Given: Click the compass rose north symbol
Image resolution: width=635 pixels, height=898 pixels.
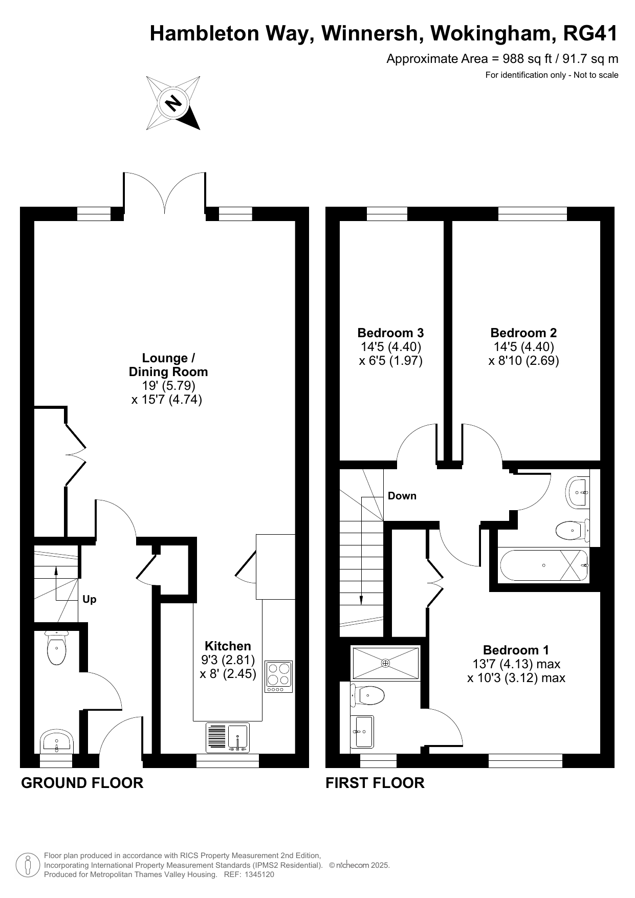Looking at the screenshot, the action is coord(173,103).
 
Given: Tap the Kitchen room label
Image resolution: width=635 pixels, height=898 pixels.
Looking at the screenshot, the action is coord(228,646).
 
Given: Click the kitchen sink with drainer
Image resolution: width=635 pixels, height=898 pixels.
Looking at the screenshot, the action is coord(228,737).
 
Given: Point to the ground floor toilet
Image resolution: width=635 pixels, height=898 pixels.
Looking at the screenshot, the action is coord(56,648).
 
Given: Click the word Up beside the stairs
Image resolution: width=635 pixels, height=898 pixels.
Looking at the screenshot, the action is coord(90,599).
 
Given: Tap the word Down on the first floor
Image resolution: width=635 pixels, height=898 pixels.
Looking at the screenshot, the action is coord(402,496).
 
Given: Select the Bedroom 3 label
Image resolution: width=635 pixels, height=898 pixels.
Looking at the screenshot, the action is coord(390,333).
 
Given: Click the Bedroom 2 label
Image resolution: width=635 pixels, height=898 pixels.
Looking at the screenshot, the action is coord(523,333).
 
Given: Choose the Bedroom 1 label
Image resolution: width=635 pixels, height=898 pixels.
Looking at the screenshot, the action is coord(516,650).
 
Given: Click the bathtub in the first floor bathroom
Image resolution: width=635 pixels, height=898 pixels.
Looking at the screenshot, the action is coord(543,565).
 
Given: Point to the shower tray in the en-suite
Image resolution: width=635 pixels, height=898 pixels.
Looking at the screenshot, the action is coord(385,663).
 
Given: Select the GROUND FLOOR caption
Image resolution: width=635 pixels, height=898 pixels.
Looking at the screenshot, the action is coord(82,783).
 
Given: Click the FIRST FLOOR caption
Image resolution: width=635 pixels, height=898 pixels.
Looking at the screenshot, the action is coord(375,783).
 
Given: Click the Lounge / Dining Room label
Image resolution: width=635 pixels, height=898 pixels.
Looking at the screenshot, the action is coord(168,365).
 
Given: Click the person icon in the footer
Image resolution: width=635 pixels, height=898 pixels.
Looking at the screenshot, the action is coord(28,865).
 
